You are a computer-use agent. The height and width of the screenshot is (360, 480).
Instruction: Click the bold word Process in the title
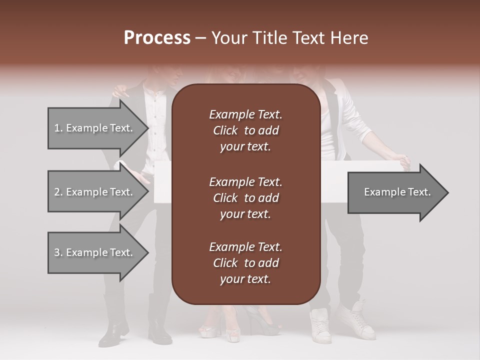tap(157, 38)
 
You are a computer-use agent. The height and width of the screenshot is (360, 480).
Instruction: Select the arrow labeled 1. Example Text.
tap(93, 128)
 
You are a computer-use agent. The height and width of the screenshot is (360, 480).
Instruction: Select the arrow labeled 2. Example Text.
tap(93, 192)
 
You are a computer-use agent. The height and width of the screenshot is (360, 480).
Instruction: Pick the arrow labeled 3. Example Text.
tap(93, 252)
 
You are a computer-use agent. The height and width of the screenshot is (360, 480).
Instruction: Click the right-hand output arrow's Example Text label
tap(397, 192)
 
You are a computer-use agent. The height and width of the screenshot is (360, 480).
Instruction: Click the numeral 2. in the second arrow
tap(58, 192)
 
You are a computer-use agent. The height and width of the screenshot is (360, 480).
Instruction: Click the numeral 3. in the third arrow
tap(58, 252)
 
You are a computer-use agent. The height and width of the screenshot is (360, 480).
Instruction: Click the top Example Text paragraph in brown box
tap(245, 130)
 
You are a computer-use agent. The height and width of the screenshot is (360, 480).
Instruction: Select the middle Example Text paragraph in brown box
tap(245, 198)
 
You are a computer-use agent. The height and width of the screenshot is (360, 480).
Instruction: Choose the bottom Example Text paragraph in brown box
tap(245, 263)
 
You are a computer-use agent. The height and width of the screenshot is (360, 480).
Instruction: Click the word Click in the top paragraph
tap(225, 130)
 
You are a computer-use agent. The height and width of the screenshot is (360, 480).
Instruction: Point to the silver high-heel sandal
tap(212, 330)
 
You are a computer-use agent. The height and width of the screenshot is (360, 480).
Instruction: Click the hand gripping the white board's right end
tap(403, 162)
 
